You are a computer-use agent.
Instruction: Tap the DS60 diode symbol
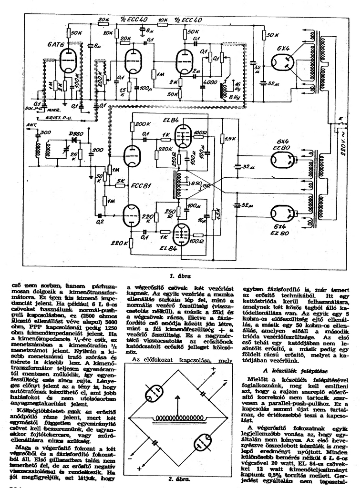pos(74,141)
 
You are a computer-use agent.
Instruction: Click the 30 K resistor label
pos(272,35)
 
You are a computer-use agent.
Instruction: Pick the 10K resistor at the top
pos(163,20)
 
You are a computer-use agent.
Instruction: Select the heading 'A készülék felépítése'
pos(292,370)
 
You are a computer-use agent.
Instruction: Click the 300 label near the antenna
pos(46,132)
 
